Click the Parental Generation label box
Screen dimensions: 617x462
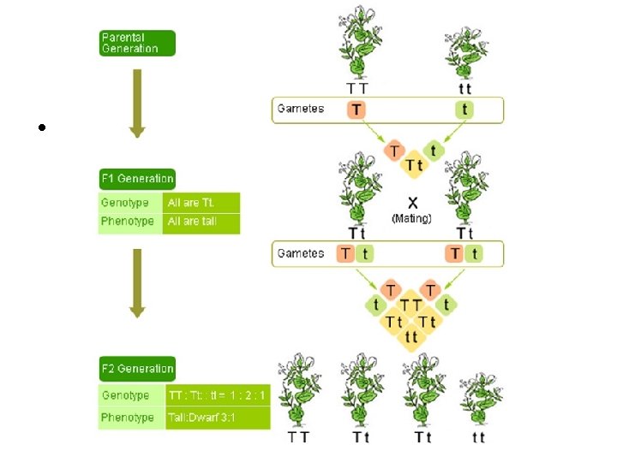point(137,43)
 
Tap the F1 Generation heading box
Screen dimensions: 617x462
point(137,179)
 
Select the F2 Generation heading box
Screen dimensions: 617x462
point(137,369)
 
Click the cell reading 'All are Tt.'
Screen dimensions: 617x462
point(201,203)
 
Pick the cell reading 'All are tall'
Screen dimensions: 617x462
point(201,222)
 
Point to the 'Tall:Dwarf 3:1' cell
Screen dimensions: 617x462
point(217,418)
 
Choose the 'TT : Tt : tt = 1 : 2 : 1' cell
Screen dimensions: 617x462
point(217,395)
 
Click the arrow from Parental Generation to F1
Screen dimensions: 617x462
point(137,103)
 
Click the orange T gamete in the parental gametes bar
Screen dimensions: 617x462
point(355,110)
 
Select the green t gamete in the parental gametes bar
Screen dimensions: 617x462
point(464,110)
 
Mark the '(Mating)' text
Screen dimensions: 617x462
point(411,218)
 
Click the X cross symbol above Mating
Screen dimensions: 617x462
point(413,204)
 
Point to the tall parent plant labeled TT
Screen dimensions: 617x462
point(358,43)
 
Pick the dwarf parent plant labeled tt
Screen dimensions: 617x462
point(465,51)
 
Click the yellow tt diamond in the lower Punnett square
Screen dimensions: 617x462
point(411,337)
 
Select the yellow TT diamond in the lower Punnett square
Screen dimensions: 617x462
point(411,305)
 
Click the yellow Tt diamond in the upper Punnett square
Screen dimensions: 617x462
point(413,165)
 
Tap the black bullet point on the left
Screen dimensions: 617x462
point(41,128)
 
